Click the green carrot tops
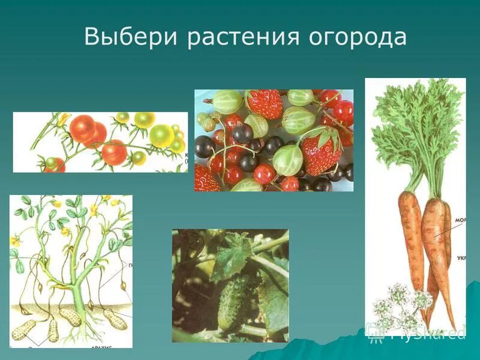(x=414, y=132)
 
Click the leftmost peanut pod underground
(x=25, y=329)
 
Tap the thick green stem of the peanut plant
(x=76, y=288)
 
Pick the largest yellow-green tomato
(x=161, y=136)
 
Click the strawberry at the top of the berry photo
(x=265, y=103)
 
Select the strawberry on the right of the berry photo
(x=321, y=151)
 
